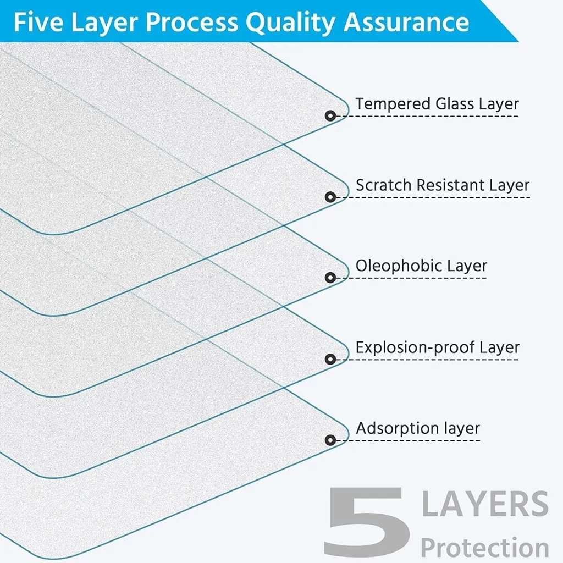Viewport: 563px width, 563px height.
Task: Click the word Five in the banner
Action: click(38, 22)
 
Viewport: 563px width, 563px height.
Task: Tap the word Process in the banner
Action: click(191, 22)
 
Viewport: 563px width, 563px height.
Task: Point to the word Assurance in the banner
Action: click(406, 22)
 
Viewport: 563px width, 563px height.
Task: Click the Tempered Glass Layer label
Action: click(437, 104)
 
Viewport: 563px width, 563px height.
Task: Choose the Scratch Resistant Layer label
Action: click(443, 185)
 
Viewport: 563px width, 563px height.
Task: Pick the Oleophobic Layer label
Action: click(421, 266)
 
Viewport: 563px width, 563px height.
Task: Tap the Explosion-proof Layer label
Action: click(437, 347)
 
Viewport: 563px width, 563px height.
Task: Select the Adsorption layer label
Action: click(418, 428)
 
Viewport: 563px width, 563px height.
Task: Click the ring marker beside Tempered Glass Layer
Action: click(330, 115)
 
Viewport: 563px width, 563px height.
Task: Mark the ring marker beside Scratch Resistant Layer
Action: click(330, 197)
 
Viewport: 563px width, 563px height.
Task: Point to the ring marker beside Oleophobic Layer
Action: click(330, 278)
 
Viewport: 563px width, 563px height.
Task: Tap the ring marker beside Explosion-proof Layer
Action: click(330, 359)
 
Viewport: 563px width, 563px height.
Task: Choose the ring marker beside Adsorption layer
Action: click(330, 440)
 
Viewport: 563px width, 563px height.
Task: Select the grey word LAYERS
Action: click(485, 504)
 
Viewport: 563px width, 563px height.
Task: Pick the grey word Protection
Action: click(485, 547)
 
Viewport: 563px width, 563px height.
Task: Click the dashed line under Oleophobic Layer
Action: click(411, 278)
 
